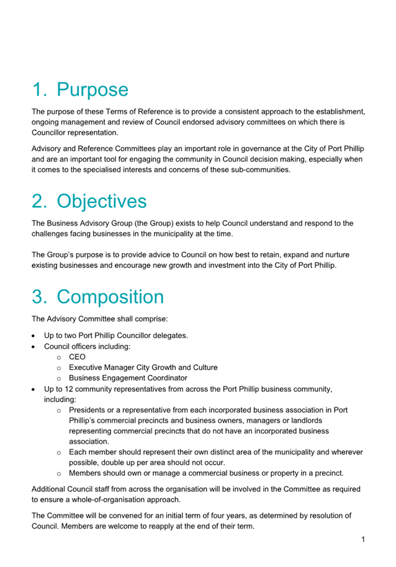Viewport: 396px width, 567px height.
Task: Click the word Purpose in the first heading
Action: click(x=92, y=90)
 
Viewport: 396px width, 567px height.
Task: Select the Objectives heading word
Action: click(x=102, y=201)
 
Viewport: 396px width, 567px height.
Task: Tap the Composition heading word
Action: click(x=110, y=297)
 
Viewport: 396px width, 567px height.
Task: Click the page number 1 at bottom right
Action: click(x=363, y=539)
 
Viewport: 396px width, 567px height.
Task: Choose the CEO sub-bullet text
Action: click(x=77, y=357)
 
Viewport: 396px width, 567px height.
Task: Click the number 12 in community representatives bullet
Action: click(x=70, y=389)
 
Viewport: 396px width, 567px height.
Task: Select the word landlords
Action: click(x=311, y=420)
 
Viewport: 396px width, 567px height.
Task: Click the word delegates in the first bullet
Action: click(x=169, y=336)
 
